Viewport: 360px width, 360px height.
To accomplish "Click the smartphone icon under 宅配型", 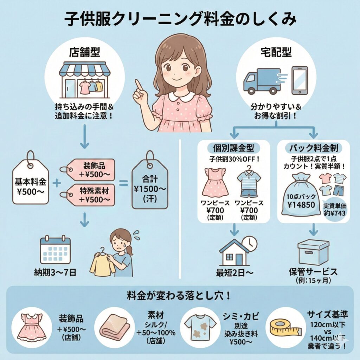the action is pos(300,81).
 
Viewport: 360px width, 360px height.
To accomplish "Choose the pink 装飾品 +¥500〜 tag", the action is pos(88,169).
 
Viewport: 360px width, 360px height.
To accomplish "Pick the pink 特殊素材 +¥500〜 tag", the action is pos(88,195).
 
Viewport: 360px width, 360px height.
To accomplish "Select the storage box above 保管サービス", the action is pos(313,252).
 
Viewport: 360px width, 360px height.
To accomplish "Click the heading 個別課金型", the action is pos(233,148).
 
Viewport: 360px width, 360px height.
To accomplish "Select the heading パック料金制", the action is pos(313,148).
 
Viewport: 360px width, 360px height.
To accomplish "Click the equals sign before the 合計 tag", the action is pos(123,183).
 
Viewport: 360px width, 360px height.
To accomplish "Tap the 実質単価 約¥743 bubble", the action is pos(335,210).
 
